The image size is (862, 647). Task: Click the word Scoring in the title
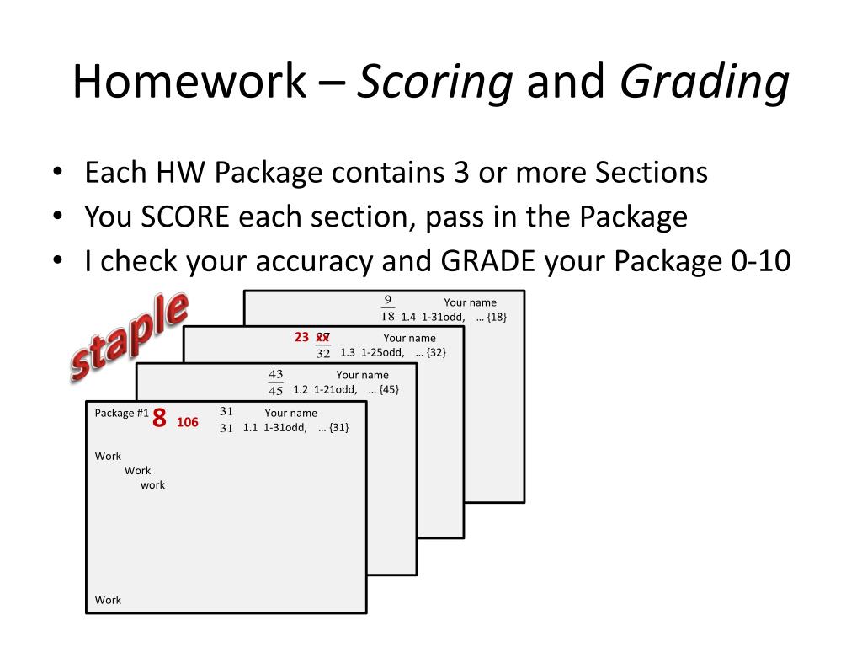(x=435, y=83)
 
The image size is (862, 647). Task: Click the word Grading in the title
(x=705, y=83)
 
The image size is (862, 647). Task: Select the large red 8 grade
(x=159, y=419)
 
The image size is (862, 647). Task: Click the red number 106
(x=188, y=422)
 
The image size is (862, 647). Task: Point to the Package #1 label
(x=121, y=413)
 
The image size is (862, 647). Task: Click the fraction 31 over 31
(x=226, y=420)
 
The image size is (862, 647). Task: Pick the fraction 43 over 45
(x=275, y=382)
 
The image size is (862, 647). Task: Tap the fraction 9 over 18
(x=387, y=308)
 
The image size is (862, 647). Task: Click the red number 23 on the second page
(x=302, y=337)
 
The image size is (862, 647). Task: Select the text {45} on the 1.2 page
(x=389, y=389)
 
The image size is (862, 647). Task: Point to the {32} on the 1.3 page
(x=436, y=352)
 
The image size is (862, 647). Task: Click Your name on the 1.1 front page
(x=290, y=413)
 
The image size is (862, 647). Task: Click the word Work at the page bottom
(x=108, y=600)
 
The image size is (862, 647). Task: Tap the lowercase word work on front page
(x=152, y=484)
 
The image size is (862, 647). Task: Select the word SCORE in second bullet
(x=186, y=217)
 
